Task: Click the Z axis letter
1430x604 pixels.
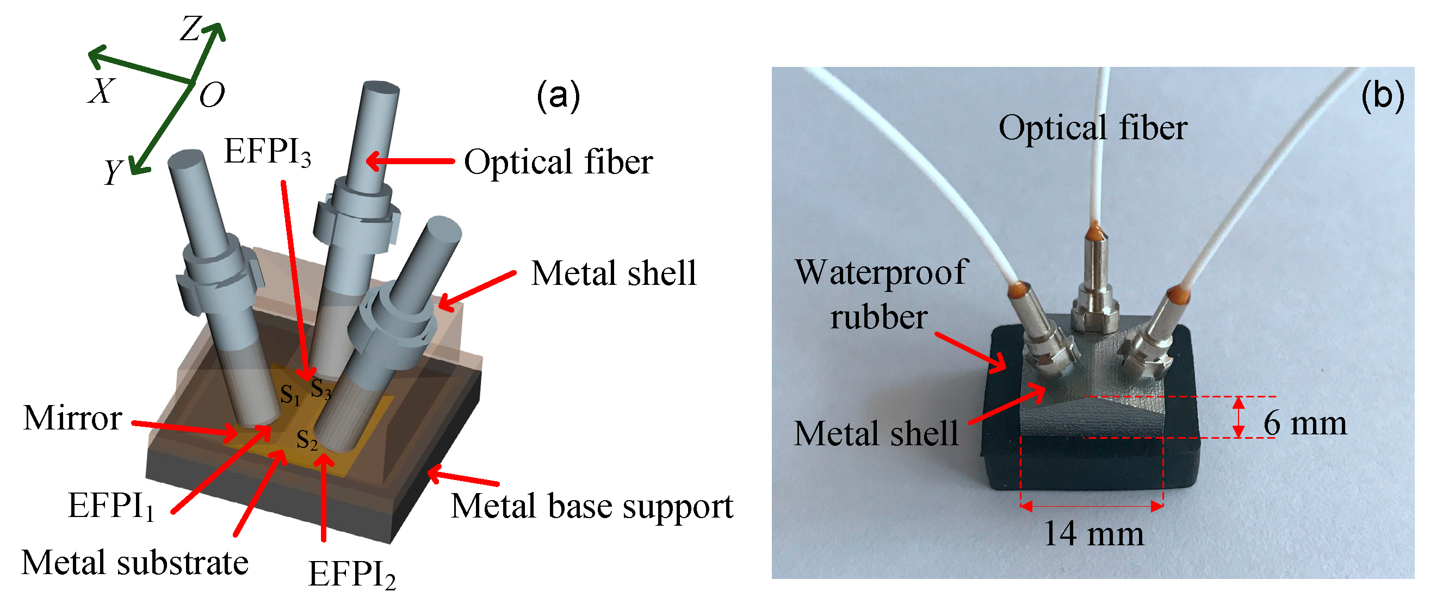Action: (190, 29)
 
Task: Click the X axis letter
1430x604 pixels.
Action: (101, 90)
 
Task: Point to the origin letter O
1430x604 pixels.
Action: (212, 95)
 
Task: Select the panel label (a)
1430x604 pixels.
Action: (558, 95)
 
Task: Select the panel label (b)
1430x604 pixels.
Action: (1382, 95)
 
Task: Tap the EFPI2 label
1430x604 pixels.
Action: (351, 574)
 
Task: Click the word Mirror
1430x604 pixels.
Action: (72, 418)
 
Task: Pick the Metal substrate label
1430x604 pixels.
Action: (134, 563)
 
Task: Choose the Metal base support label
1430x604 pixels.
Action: (591, 506)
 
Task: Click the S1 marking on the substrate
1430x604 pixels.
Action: (290, 394)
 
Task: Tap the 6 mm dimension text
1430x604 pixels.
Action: (1304, 424)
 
